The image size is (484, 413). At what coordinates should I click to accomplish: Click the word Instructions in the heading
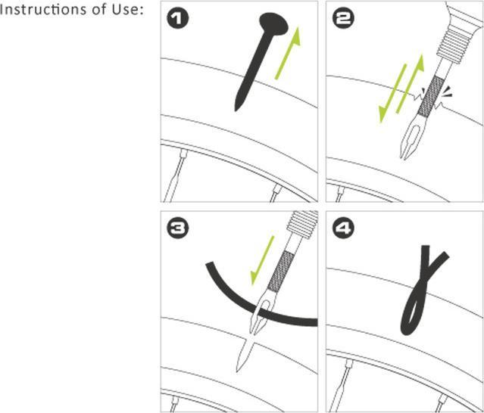click(x=42, y=10)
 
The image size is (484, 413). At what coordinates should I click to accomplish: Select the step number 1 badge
click(x=177, y=19)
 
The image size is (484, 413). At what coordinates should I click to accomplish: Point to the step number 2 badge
click(x=343, y=19)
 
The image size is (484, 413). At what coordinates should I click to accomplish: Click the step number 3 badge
click(x=177, y=228)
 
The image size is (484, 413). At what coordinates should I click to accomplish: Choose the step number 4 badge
click(x=343, y=228)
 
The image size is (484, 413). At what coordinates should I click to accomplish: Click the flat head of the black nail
click(x=273, y=23)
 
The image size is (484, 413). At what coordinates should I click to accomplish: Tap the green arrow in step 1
click(x=287, y=53)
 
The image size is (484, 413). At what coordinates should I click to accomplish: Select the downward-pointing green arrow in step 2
click(x=392, y=94)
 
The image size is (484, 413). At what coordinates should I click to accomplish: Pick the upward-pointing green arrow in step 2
click(x=410, y=83)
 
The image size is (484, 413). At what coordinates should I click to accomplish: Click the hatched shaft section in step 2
click(x=431, y=97)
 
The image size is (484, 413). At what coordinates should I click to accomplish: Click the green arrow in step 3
click(x=262, y=260)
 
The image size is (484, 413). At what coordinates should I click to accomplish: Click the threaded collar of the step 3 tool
click(x=302, y=225)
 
